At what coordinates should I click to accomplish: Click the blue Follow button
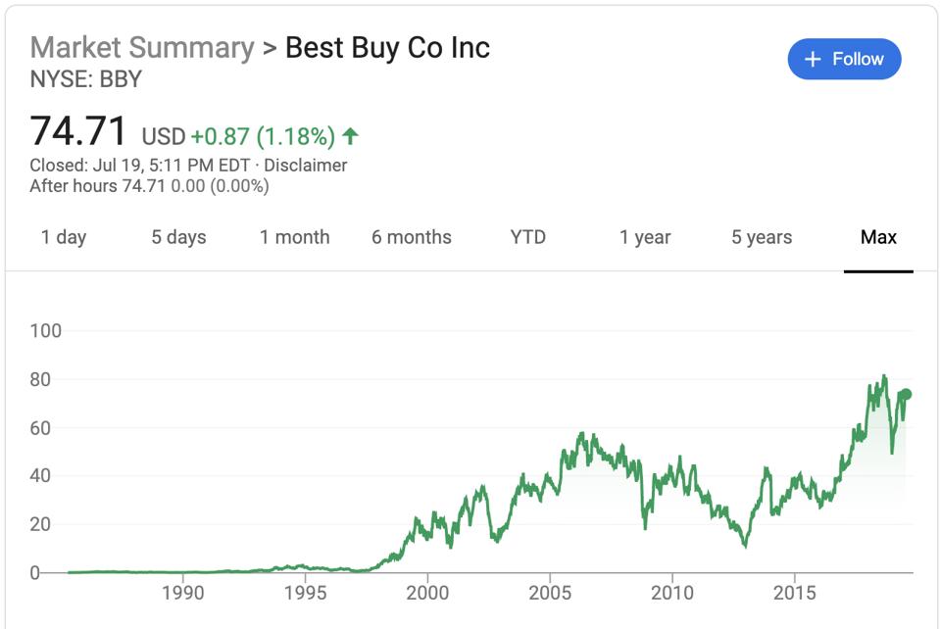(x=844, y=60)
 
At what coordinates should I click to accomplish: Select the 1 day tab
(x=64, y=237)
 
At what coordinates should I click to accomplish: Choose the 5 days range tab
(x=178, y=237)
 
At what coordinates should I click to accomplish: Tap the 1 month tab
(x=294, y=237)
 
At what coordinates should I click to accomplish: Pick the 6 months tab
(x=412, y=237)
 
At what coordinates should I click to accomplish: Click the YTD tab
(x=528, y=237)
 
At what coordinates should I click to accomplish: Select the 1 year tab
(x=645, y=237)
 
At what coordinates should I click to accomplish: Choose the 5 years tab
(x=762, y=237)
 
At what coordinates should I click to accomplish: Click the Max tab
(x=878, y=237)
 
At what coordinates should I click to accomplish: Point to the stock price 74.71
(x=78, y=131)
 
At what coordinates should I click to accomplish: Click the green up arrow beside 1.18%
(x=351, y=135)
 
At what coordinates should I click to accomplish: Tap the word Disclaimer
(x=305, y=166)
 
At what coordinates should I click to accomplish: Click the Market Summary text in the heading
(x=142, y=47)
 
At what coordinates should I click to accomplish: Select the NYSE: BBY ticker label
(x=86, y=79)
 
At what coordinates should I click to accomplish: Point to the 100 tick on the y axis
(x=45, y=331)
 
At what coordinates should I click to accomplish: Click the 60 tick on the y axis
(x=45, y=428)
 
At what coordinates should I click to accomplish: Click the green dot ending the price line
(x=907, y=394)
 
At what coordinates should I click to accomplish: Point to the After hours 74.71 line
(x=149, y=186)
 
